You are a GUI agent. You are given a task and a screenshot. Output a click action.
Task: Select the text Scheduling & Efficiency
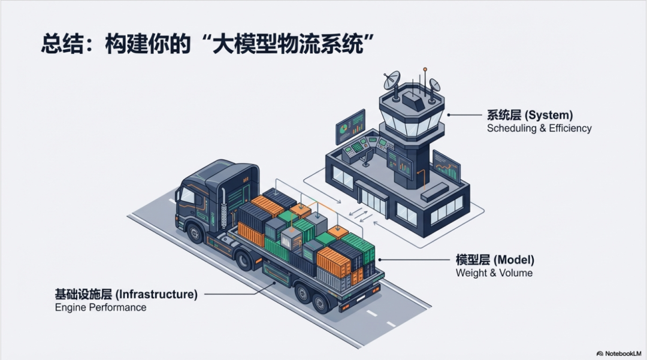539,128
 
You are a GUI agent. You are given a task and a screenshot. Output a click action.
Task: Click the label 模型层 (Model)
495,260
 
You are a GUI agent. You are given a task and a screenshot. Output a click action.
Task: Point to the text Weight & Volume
494,273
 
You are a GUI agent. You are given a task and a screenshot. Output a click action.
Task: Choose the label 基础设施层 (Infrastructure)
126,294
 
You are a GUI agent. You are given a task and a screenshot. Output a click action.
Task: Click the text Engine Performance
101,307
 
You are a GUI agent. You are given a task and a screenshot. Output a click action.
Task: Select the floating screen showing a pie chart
350,126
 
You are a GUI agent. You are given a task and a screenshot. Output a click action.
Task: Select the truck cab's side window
187,195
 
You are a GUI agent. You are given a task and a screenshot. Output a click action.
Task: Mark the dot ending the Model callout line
379,260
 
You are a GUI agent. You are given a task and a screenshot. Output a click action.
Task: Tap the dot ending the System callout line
448,114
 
